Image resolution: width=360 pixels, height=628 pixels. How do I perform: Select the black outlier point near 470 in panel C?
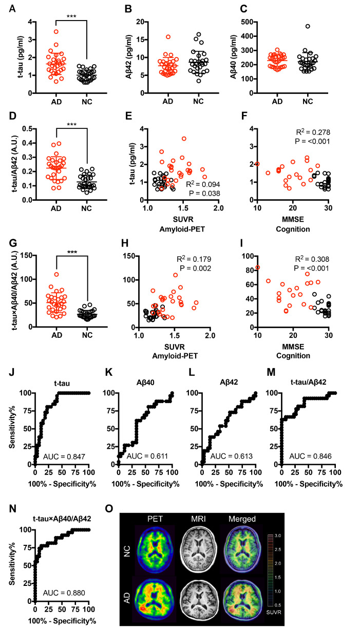(308, 26)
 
